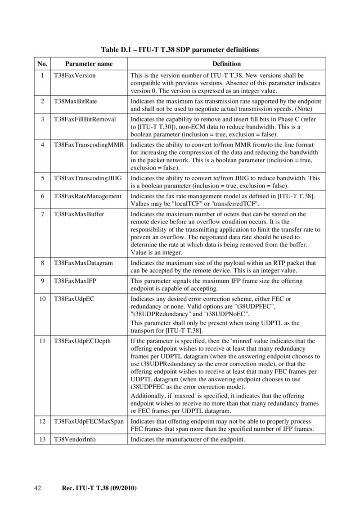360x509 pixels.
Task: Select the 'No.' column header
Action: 42,64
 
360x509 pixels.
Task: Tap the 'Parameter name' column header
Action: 89,64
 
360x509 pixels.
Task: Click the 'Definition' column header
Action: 226,64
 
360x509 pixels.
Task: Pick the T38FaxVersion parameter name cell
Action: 75,76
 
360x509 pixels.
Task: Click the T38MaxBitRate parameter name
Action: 75,102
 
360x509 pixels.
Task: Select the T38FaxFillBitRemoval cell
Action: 85,119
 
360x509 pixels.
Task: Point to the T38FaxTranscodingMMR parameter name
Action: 89,145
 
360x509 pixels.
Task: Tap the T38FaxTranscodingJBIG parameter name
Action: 88,178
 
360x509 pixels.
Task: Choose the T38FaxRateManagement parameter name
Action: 87,196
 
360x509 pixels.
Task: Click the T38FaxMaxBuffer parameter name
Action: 79,214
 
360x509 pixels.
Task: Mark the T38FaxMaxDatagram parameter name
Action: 83,263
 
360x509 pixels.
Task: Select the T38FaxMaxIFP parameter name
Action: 75,281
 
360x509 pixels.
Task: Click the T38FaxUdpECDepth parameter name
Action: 82,341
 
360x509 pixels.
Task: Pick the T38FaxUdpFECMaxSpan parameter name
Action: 89,421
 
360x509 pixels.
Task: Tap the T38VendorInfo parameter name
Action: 75,439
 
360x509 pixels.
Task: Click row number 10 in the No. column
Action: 42,299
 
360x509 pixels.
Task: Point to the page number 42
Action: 38,488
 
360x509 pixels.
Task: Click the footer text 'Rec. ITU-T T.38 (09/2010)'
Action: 99,488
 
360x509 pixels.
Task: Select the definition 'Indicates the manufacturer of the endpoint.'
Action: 188,439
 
